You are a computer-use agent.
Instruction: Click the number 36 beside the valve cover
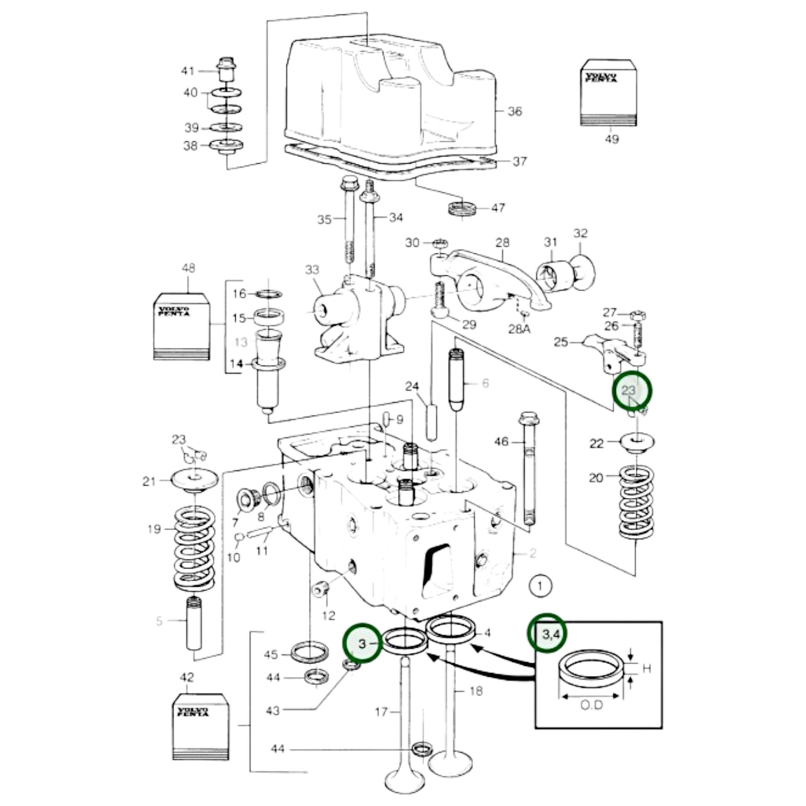tap(514, 112)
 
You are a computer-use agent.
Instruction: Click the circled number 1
tap(539, 586)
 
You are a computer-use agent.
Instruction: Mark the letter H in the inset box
tap(646, 668)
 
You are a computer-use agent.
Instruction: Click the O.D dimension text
tap(592, 705)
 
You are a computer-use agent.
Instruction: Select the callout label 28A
tap(519, 329)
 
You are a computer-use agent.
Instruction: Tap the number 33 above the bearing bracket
tap(312, 270)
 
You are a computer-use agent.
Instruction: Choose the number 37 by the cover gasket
tap(519, 161)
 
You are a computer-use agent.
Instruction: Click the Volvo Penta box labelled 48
tap(182, 326)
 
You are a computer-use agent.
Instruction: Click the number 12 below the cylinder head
tap(329, 615)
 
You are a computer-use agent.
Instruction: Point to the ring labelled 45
tap(310, 651)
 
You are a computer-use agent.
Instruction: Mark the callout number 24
tap(412, 386)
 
